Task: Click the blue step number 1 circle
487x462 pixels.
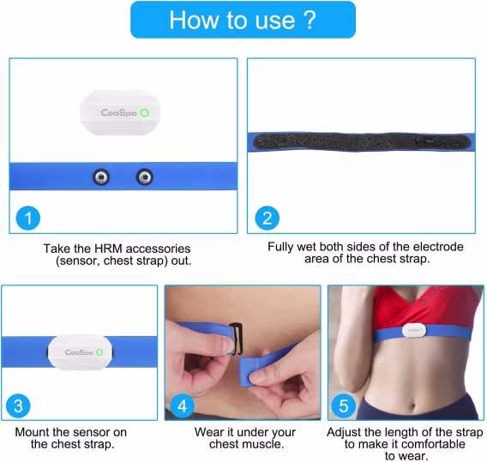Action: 28,218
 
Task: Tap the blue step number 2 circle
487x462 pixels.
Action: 268,218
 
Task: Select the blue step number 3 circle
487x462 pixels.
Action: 18,405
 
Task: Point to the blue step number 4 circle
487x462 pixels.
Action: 183,405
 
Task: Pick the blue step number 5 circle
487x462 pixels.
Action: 344,405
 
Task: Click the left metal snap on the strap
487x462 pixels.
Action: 101,177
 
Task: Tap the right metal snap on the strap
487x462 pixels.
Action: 145,177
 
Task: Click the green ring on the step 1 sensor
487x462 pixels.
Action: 144,112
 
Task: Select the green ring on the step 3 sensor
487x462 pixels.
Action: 99,352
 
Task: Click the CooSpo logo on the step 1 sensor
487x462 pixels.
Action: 118,112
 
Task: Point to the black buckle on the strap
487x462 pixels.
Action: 236,339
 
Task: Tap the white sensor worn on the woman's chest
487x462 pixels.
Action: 414,331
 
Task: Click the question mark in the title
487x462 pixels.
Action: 309,20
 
